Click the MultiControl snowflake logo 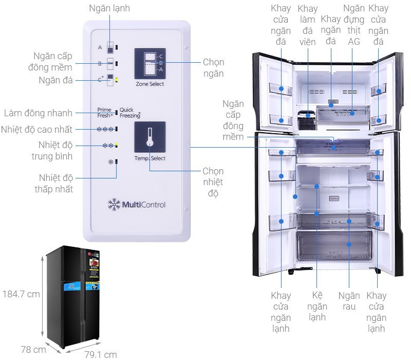click(x=114, y=204)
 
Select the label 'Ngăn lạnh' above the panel click(x=109, y=8)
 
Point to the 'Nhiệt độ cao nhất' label click(x=36, y=129)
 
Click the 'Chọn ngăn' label click(x=213, y=68)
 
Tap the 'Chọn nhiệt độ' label click(x=213, y=182)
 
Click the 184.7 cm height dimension click(x=21, y=295)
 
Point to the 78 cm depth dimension click(x=32, y=350)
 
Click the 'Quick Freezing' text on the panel click(x=130, y=113)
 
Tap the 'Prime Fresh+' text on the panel click(x=105, y=113)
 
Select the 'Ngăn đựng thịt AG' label click(x=354, y=25)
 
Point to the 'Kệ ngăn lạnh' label click(x=317, y=307)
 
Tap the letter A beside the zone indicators click(x=100, y=47)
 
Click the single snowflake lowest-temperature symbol click(x=109, y=162)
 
